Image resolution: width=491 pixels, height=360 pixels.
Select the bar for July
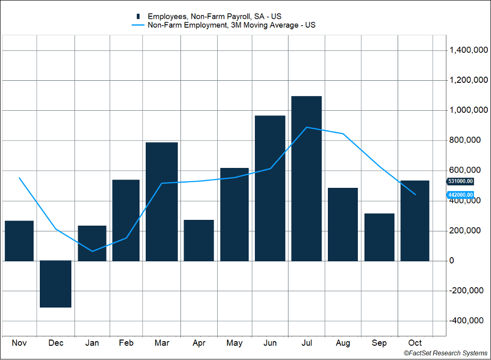(x=306, y=178)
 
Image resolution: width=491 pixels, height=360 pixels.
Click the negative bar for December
(x=56, y=284)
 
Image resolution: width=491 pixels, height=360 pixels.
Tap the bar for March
(x=162, y=202)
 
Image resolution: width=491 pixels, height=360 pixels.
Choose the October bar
(x=415, y=220)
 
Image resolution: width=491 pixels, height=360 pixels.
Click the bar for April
(x=199, y=240)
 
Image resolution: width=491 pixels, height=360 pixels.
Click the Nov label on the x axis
(x=19, y=343)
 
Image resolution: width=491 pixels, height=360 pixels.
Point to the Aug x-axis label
(x=343, y=343)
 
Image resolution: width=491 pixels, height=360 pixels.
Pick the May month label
(x=234, y=343)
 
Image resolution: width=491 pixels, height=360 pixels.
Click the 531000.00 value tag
(x=461, y=182)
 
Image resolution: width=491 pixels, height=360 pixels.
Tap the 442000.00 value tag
(x=461, y=195)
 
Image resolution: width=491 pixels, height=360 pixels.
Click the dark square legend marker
(x=138, y=16)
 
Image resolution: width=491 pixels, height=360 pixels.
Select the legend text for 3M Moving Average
(x=231, y=25)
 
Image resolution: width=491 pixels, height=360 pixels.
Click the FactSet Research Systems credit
(x=445, y=354)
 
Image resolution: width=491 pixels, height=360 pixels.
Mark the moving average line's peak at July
(x=307, y=127)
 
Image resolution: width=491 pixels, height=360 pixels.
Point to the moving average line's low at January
(x=92, y=251)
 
